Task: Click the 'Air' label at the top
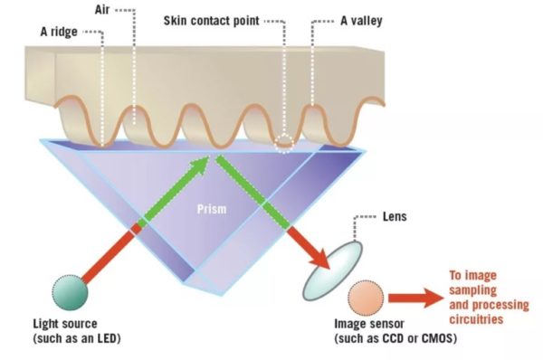102,11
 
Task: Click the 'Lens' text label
395,219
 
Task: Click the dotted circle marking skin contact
285,141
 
